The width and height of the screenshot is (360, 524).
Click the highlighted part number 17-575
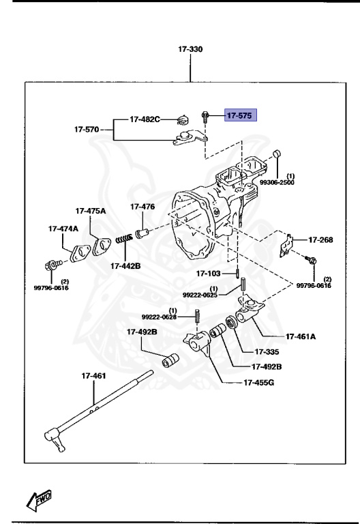239,116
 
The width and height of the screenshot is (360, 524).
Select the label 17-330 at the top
190,49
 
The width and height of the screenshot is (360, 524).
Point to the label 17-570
87,128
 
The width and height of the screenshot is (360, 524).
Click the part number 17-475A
91,211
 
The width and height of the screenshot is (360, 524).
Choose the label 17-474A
63,229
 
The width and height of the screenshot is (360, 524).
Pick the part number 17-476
142,207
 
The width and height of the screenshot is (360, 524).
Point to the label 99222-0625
199,295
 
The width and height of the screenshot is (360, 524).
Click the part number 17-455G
258,382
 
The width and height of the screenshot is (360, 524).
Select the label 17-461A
300,336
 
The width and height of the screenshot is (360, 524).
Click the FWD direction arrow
40,500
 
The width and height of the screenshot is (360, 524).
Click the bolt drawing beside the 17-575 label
203,117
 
